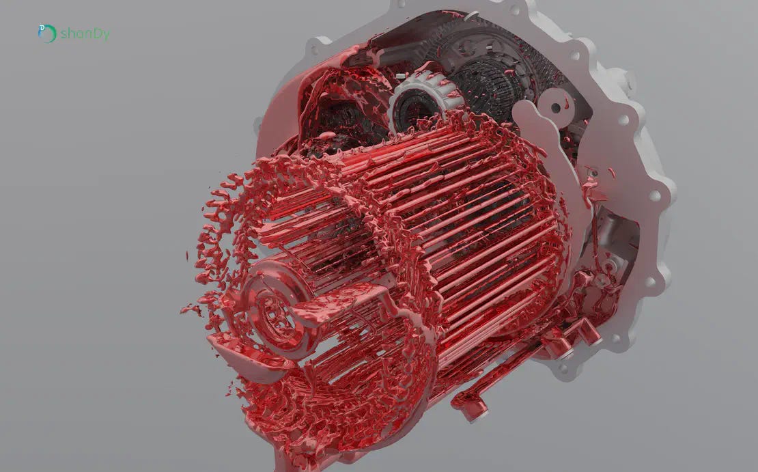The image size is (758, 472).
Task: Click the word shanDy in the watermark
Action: click(85, 34)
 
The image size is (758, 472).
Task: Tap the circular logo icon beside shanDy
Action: click(47, 33)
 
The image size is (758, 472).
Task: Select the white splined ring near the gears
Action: click(421, 99)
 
